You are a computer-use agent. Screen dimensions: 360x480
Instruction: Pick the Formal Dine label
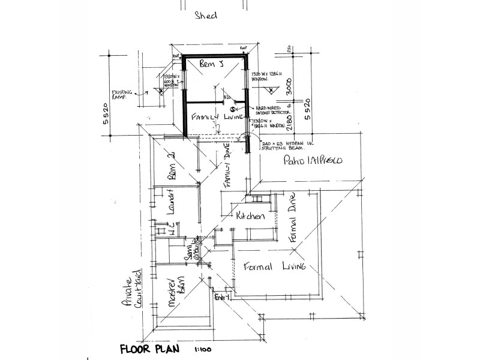[293, 220]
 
